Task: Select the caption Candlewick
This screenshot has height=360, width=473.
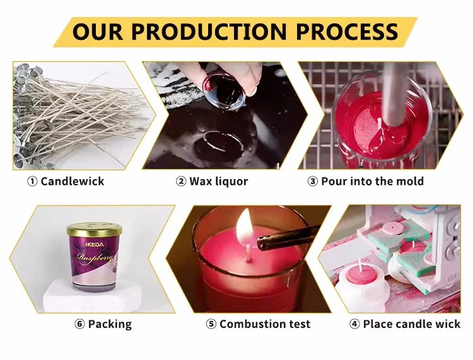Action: tap(72, 182)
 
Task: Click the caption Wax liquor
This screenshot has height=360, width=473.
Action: tap(219, 182)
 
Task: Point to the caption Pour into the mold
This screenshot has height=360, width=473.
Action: tap(372, 182)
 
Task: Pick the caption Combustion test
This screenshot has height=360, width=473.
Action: tap(265, 324)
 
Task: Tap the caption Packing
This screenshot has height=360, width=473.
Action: tap(110, 324)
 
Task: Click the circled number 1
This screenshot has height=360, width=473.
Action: tap(32, 182)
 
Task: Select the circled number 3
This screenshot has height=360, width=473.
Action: tap(312, 182)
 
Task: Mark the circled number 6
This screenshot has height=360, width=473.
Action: tap(79, 324)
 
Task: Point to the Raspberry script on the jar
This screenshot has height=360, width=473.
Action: tap(93, 258)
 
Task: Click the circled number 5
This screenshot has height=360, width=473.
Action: tap(211, 324)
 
